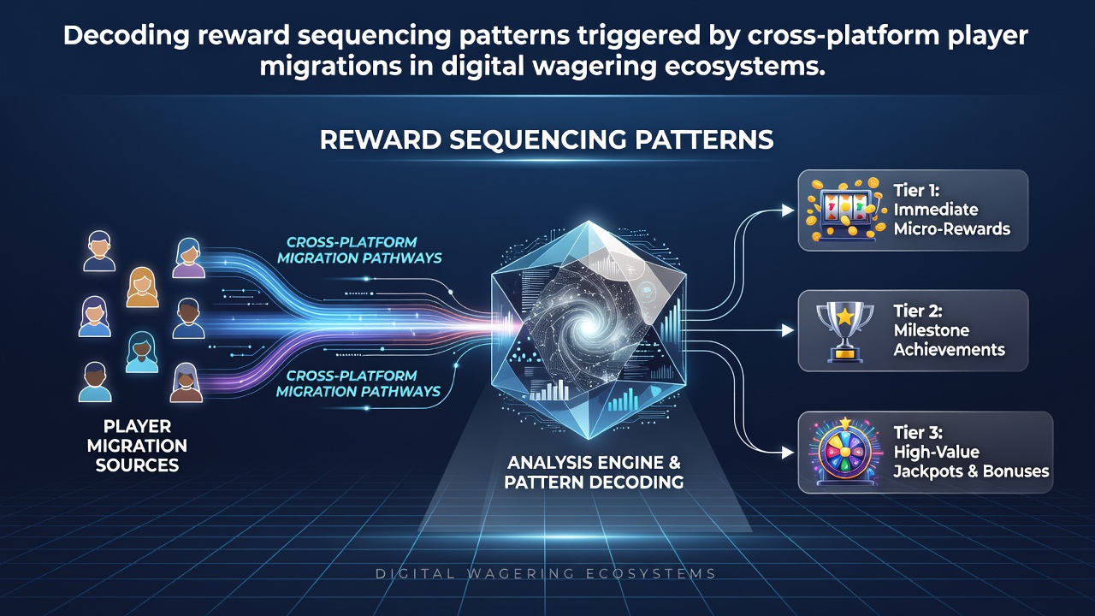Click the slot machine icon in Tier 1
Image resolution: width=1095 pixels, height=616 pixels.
pos(846,210)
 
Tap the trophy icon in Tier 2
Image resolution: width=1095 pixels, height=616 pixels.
pos(844,331)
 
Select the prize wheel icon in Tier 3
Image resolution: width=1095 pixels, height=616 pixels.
pos(845,451)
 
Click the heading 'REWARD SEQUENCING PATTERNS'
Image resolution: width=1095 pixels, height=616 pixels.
pos(547,139)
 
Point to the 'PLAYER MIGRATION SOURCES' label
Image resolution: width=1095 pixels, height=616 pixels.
pos(137,446)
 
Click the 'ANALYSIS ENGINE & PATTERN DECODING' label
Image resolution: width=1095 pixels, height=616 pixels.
pos(594,472)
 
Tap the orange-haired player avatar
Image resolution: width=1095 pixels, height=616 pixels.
pos(142,287)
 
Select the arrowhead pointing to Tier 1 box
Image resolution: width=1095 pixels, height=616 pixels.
pos(788,210)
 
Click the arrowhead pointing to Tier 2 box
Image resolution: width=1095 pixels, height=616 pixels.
pos(788,331)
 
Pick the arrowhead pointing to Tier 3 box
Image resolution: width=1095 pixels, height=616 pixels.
pos(788,453)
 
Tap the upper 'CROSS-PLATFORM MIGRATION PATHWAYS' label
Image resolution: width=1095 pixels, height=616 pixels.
pos(359,250)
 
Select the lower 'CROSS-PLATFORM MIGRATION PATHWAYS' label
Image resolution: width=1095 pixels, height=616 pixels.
pos(358,383)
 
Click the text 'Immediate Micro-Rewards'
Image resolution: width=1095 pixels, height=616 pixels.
pos(951,219)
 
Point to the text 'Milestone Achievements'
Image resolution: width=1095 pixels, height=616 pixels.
pos(949,340)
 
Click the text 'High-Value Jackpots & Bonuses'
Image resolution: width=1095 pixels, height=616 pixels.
pos(971,461)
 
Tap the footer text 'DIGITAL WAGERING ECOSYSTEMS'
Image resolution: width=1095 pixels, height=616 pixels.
pos(546,573)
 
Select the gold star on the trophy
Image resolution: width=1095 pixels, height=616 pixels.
pos(844,317)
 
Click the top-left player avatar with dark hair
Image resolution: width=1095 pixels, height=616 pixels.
pos(99,252)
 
